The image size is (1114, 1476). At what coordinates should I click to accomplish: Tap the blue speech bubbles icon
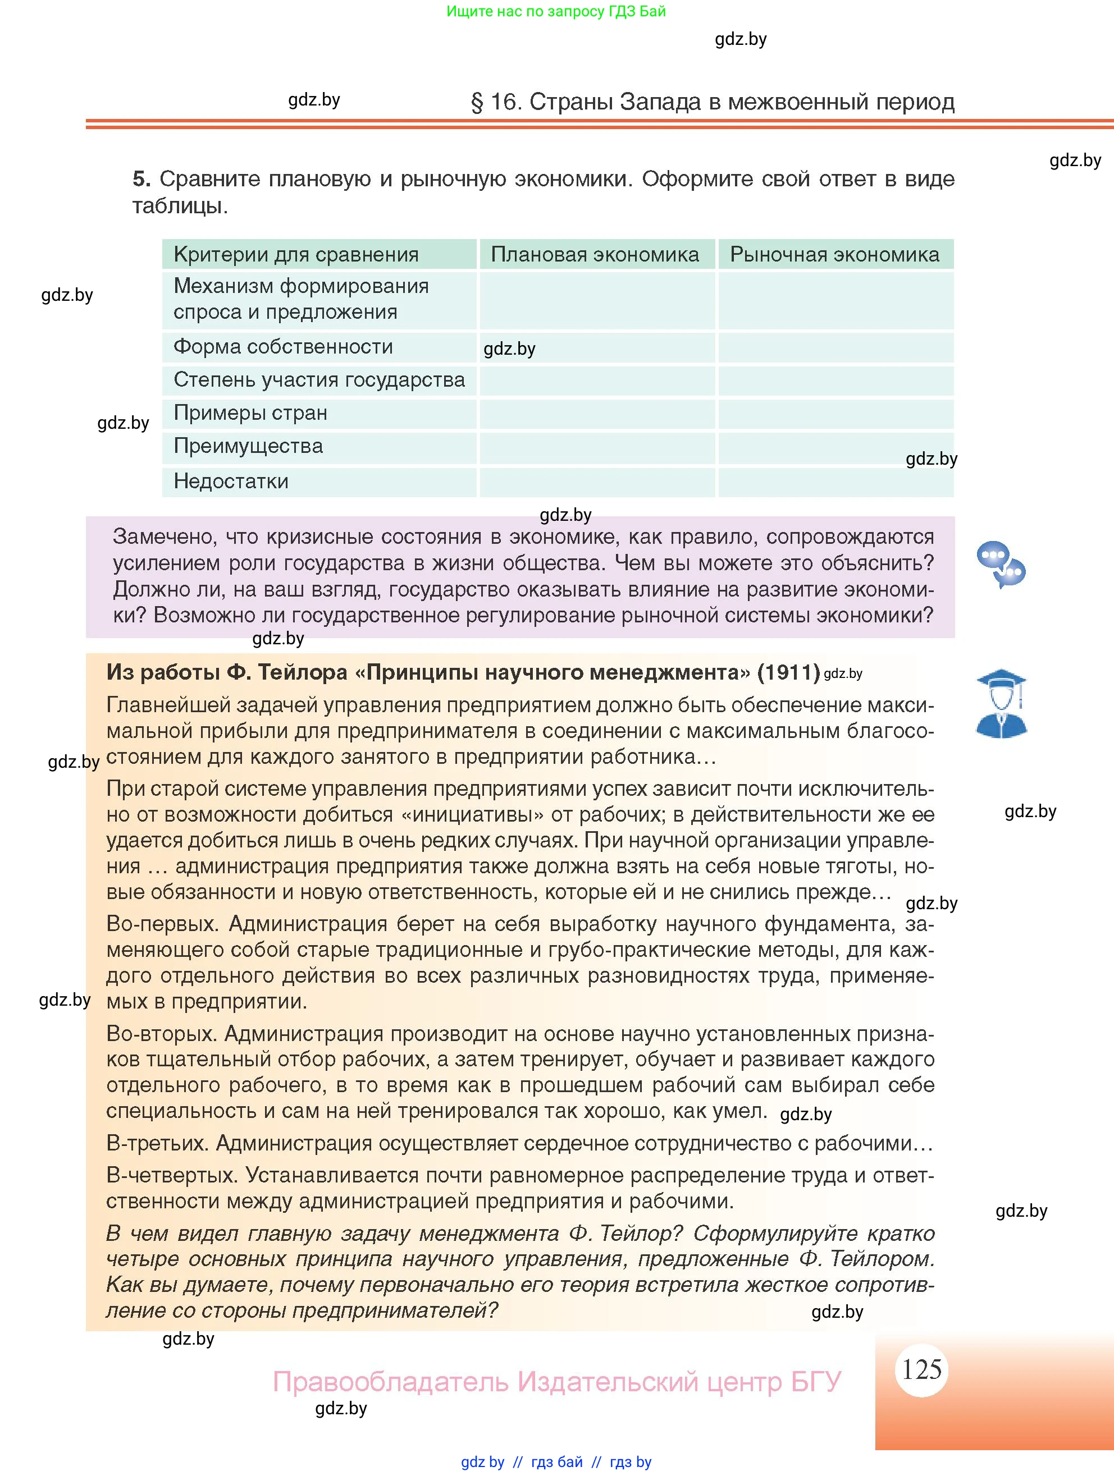click(1000, 565)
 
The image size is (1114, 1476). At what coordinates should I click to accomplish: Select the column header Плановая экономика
click(595, 254)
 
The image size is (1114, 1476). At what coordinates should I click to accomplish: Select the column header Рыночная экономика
click(834, 254)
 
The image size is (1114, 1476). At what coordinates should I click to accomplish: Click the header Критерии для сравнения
click(296, 254)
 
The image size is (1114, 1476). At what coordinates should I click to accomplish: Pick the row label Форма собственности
click(283, 346)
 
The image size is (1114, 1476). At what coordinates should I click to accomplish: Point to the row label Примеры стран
click(250, 412)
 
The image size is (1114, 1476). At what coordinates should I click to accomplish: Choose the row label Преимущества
click(248, 446)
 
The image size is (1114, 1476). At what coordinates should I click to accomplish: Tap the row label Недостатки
click(231, 481)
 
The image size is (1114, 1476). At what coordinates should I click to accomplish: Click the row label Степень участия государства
click(319, 380)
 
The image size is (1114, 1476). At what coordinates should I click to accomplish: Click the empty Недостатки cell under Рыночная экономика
click(835, 482)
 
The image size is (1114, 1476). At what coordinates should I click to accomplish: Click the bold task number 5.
click(141, 179)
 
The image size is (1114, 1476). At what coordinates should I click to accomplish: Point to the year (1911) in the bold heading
click(788, 672)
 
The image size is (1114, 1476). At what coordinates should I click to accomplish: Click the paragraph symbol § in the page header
click(477, 102)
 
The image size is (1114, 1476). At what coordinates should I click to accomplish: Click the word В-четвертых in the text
click(172, 1175)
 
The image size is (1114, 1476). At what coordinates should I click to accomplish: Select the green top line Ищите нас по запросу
click(555, 11)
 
